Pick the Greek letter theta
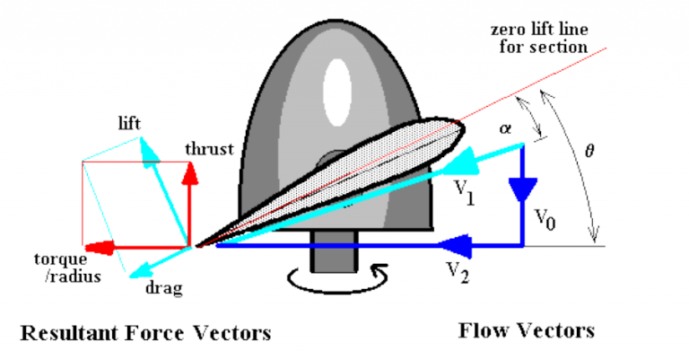click(x=589, y=151)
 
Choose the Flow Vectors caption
click(x=526, y=330)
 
